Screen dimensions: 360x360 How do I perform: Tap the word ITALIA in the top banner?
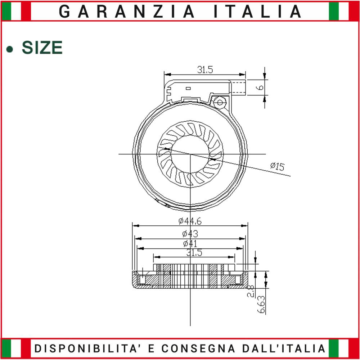click(257, 12)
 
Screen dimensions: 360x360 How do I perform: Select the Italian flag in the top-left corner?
click(16, 11)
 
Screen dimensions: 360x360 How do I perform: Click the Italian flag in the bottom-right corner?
click(343, 348)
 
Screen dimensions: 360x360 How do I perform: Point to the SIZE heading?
click(42, 48)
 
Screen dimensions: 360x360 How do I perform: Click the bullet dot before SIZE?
click(12, 49)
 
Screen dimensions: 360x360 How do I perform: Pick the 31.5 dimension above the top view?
click(205, 70)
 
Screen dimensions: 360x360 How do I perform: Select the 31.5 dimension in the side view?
click(194, 253)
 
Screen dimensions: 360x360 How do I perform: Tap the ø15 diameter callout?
click(277, 166)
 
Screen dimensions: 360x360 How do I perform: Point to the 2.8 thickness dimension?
click(251, 291)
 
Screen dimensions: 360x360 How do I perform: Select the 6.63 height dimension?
click(262, 305)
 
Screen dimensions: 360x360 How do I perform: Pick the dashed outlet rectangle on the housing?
click(239, 87)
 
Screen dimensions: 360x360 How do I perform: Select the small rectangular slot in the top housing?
click(188, 88)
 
